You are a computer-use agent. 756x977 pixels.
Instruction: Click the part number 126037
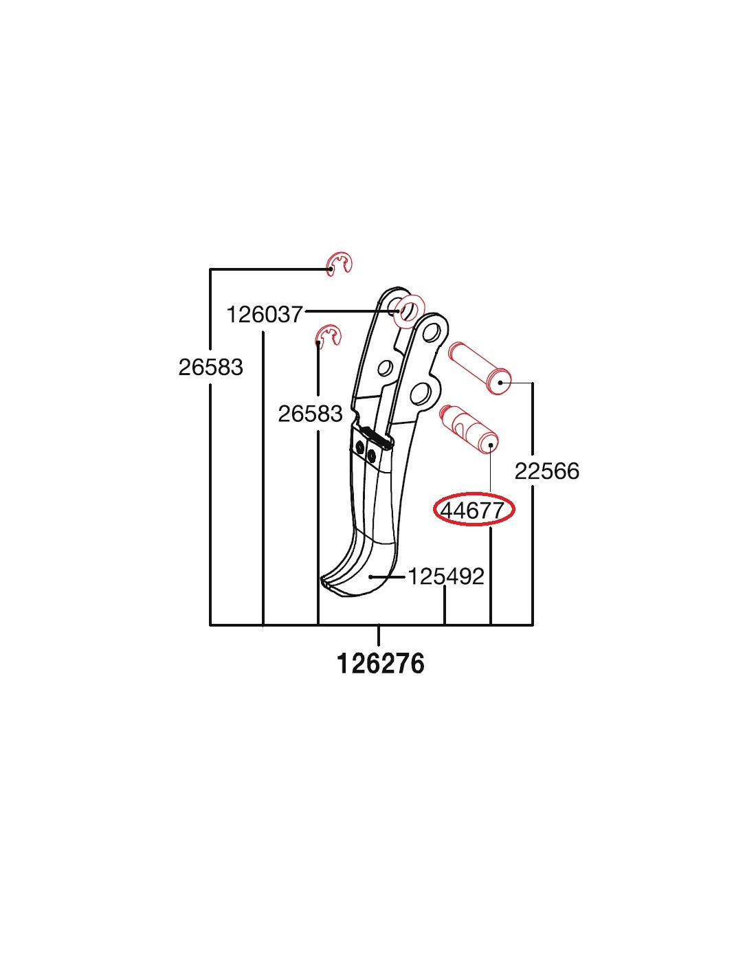coord(265,314)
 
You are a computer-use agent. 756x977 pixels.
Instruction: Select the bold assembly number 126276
coord(380,664)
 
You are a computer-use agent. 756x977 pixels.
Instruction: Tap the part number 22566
coord(546,471)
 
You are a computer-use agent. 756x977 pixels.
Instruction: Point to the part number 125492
coord(445,576)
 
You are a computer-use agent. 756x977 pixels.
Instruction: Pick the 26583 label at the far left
coord(210,368)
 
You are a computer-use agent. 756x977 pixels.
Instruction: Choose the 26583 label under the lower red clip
coord(311,414)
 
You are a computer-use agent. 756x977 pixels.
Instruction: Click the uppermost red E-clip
coord(340,265)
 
